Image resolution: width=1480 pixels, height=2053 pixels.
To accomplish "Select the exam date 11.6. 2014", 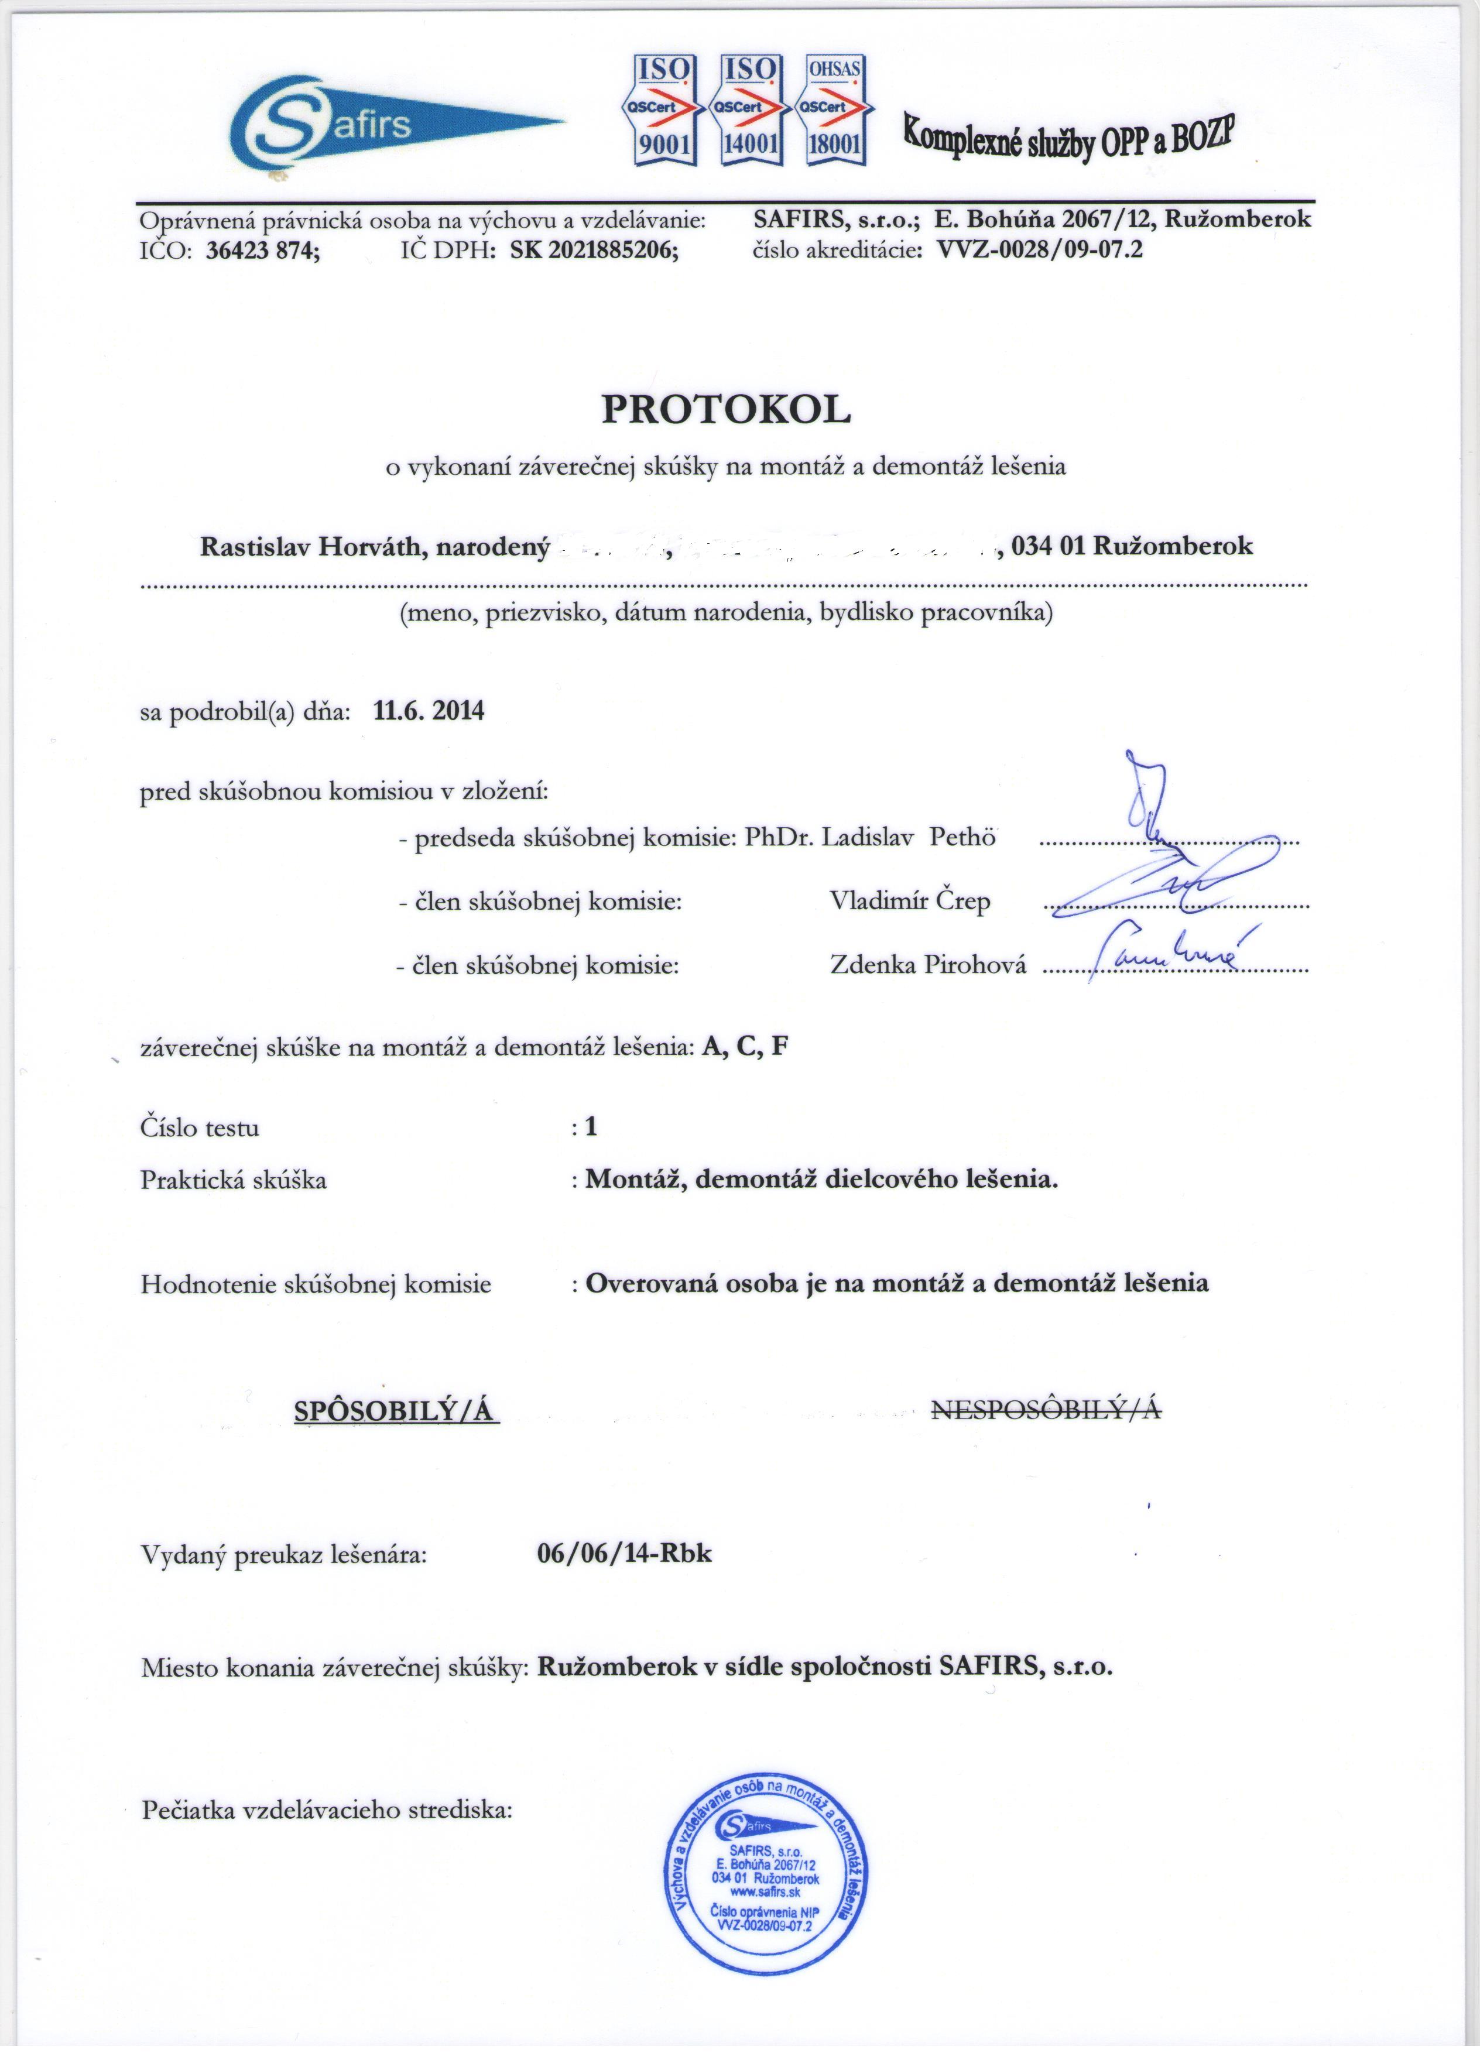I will click(428, 711).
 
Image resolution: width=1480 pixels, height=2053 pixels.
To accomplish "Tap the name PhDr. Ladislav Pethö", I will click(870, 837).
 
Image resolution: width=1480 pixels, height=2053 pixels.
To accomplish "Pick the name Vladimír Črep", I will click(910, 902).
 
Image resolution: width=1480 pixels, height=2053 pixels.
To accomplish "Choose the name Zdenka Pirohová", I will click(928, 965).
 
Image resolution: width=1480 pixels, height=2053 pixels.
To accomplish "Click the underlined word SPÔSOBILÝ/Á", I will click(396, 1410).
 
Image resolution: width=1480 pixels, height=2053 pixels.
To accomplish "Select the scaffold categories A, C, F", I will click(744, 1047).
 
